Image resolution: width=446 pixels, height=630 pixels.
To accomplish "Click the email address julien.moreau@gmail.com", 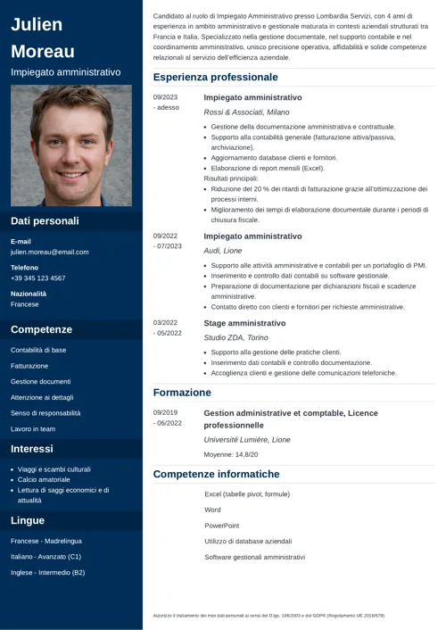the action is (50, 252).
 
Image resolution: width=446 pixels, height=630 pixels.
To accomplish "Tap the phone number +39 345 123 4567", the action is (37, 278).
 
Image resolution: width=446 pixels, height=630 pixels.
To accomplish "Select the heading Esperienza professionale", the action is (215, 78).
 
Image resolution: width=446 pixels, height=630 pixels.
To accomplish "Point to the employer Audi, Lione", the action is (223, 252).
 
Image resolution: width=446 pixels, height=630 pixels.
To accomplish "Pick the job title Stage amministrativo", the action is (244, 323).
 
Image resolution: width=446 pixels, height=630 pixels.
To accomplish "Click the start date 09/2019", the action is (165, 413).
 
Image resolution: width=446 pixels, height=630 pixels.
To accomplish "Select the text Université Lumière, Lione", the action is (247, 440).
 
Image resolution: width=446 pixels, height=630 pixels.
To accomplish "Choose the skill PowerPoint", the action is (221, 526).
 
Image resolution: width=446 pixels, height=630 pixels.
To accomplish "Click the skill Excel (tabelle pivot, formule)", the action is (247, 493).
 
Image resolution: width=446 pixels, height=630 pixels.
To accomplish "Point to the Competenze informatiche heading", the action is (216, 474).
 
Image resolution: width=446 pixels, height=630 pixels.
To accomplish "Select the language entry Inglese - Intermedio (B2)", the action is (47, 572).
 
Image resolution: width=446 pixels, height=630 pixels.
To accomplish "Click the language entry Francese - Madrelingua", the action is (45, 541).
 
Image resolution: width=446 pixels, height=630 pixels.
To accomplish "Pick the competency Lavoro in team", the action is (33, 429).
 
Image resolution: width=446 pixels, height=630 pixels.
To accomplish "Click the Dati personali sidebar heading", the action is (45, 220).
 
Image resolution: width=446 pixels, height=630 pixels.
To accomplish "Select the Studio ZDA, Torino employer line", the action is (235, 338).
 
